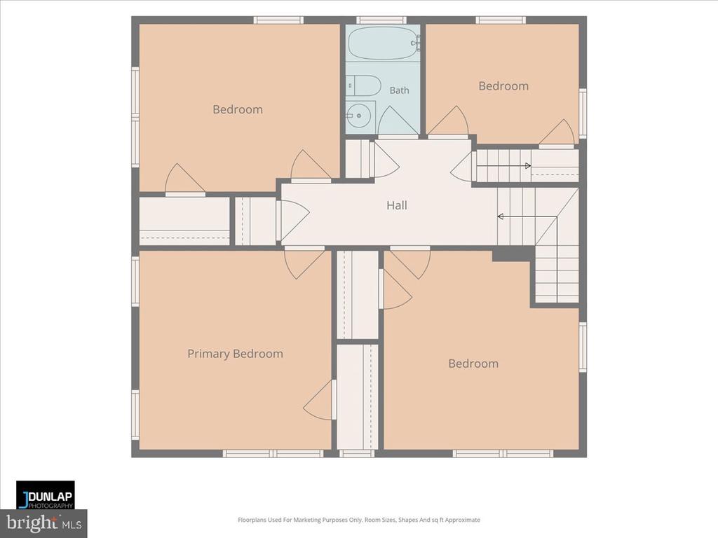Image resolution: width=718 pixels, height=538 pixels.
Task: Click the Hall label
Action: point(397,205)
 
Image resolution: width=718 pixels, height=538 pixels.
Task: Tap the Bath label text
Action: point(399,90)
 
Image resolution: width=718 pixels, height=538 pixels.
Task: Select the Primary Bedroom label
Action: point(236,354)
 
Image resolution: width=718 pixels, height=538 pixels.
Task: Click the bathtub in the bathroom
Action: point(384,43)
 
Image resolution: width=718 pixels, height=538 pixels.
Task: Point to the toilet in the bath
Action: point(364,85)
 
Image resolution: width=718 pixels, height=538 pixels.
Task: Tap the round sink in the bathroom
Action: point(358,116)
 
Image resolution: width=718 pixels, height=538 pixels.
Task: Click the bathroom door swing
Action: point(397,120)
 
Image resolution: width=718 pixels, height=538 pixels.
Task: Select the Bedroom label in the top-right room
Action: point(503,86)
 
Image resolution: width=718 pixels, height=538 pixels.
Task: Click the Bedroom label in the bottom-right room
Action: point(473,364)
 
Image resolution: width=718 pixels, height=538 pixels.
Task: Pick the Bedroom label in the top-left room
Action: point(238,110)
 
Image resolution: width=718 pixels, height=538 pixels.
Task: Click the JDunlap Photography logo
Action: point(46,495)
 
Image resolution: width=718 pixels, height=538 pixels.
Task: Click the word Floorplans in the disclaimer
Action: point(252,520)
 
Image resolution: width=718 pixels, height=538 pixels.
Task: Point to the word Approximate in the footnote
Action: point(463,520)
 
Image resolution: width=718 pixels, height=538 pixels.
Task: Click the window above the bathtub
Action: point(381,20)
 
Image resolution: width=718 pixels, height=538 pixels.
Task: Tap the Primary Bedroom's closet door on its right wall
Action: point(320,399)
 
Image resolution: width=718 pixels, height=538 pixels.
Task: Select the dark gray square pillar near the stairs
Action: point(513,255)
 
